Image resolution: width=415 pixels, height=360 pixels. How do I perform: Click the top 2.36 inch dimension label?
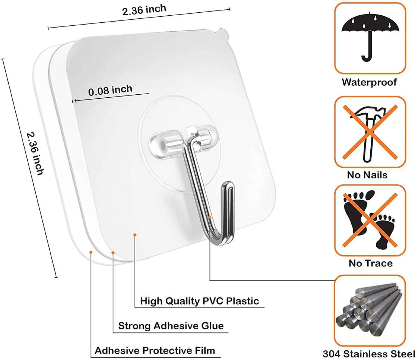[x=144, y=10]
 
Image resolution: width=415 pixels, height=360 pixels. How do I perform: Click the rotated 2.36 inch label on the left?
[x=35, y=153]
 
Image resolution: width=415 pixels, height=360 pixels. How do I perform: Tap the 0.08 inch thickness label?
[x=110, y=90]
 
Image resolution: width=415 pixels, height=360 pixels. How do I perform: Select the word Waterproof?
[x=369, y=82]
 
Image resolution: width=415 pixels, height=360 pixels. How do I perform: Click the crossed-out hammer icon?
[x=370, y=132]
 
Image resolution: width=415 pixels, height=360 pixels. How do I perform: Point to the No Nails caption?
[x=367, y=175]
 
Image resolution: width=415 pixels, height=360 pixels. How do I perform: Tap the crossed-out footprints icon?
[x=370, y=220]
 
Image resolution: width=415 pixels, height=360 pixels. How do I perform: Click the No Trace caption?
[x=371, y=263]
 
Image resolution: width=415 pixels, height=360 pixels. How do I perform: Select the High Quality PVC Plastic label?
[x=199, y=301]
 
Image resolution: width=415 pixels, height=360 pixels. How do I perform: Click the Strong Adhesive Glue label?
[x=171, y=326]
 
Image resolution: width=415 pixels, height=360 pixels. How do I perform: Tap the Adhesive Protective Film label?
[x=155, y=351]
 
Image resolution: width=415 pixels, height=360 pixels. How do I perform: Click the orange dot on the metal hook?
[x=210, y=217]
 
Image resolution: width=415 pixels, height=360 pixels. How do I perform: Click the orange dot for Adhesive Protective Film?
[x=91, y=252]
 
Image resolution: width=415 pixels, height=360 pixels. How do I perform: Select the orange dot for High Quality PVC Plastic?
[x=135, y=235]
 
